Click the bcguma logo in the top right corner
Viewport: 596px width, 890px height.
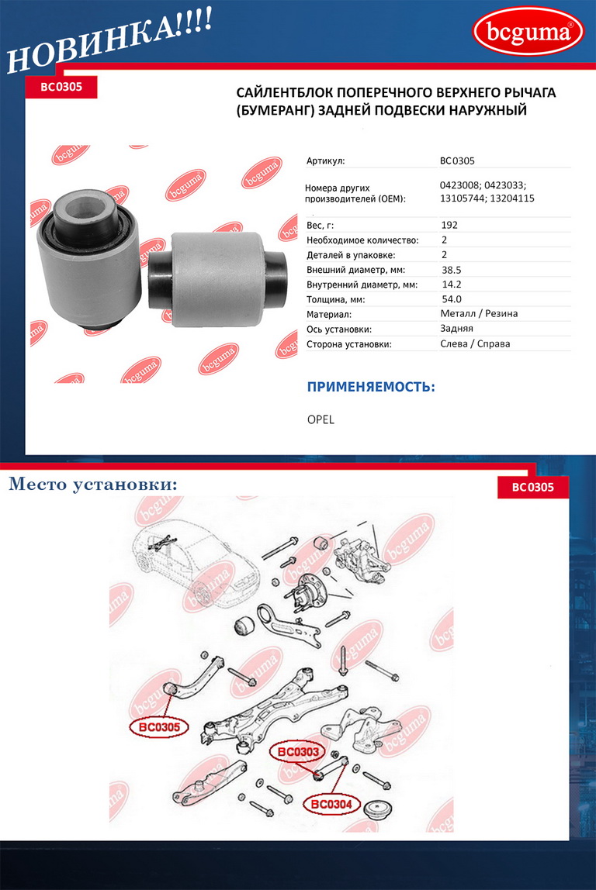click(x=528, y=31)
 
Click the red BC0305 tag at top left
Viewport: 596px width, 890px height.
click(x=61, y=87)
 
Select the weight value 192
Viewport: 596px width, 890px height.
click(x=449, y=225)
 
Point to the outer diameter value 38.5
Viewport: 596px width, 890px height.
click(x=451, y=270)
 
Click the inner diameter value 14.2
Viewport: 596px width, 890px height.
click(x=451, y=285)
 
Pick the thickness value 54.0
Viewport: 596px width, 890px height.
click(x=451, y=299)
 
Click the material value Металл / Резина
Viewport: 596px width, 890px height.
click(x=478, y=313)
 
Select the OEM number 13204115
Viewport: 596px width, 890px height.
click(x=512, y=198)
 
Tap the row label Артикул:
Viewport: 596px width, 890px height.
click(x=326, y=160)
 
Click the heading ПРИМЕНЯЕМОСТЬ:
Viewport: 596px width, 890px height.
click(x=371, y=387)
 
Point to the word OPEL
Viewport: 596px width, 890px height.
click(x=321, y=419)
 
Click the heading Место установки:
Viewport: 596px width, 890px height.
click(x=93, y=485)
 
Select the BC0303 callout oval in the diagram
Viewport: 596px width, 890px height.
click(x=298, y=752)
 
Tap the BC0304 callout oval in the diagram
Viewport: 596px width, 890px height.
click(x=331, y=804)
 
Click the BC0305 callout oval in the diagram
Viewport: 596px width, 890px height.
click(x=159, y=726)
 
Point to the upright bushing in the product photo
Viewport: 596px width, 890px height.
click(x=88, y=259)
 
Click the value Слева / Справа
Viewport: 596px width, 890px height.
click(x=475, y=343)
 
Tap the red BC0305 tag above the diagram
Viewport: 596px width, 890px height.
click(x=533, y=487)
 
